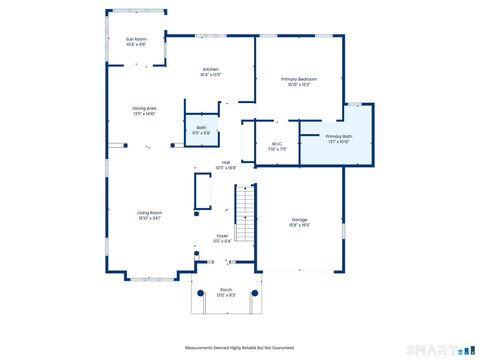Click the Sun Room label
click(x=136, y=38)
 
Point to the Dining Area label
click(x=144, y=108)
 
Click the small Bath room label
click(x=201, y=127)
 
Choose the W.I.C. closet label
click(x=277, y=144)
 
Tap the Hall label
click(x=227, y=163)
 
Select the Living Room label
click(x=150, y=212)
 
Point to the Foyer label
click(x=222, y=236)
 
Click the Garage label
click(x=300, y=219)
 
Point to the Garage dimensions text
click(x=300, y=225)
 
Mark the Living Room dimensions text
click(x=150, y=218)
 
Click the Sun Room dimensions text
click(x=136, y=44)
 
